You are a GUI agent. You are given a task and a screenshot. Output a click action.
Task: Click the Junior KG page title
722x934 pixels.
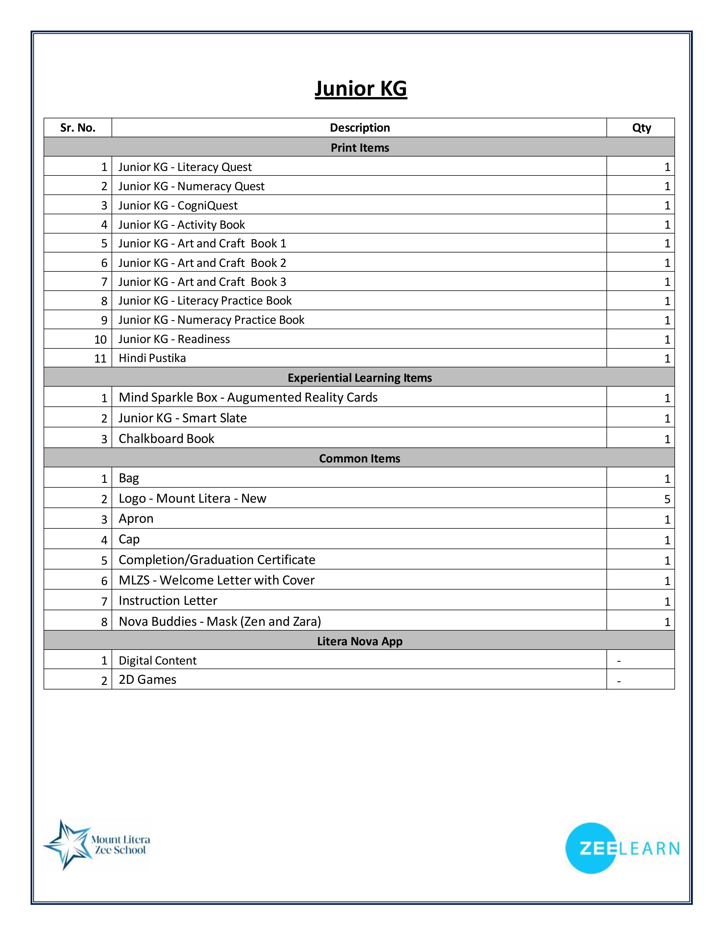360,89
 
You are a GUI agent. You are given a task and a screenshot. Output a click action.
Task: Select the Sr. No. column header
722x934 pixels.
78,128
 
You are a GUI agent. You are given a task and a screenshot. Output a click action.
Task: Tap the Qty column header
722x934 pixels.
641,128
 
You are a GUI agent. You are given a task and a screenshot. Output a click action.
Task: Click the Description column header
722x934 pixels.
360,128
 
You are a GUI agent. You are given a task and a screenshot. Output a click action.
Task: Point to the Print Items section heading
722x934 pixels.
360,147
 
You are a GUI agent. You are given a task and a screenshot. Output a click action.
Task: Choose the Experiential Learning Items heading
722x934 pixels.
360,378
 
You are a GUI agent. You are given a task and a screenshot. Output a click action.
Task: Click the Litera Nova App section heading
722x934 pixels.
360,641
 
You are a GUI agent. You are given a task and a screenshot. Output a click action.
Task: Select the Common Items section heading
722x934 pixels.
360,459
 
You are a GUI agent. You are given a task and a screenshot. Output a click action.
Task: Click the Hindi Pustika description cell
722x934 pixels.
152,358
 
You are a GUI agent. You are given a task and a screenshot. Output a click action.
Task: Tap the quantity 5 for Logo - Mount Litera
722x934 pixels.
667,499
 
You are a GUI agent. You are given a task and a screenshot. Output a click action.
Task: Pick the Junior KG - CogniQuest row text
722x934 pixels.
178,205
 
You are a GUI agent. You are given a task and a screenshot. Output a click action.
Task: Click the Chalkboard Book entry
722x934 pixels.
166,438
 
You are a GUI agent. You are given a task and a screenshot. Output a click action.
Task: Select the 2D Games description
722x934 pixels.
148,680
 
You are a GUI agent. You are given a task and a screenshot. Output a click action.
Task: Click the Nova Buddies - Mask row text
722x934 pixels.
220,621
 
